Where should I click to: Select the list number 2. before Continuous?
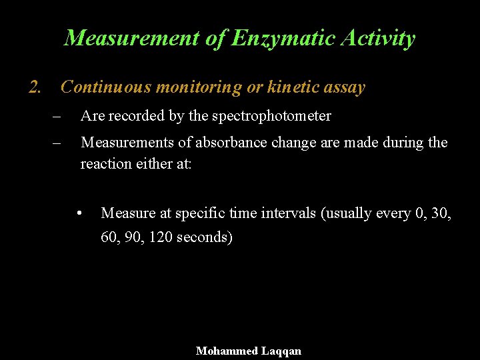36,87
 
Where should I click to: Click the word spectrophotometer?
271,116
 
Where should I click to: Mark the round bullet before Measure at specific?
79,213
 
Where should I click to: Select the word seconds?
205,237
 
